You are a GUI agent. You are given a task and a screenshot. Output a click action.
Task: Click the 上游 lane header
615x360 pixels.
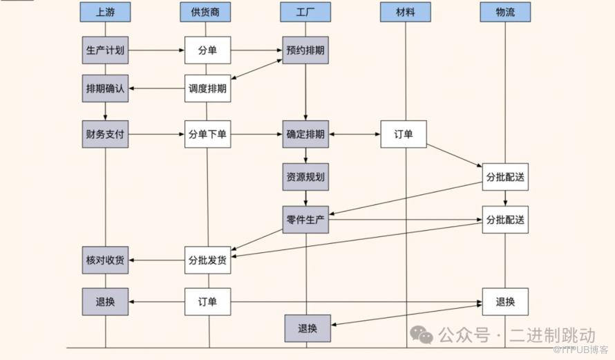[x=105, y=12]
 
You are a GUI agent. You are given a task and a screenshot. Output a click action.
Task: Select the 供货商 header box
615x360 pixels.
[x=205, y=12]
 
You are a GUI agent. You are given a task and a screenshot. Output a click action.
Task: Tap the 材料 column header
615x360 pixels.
[x=406, y=12]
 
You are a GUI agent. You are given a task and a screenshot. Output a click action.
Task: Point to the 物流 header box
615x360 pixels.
[x=505, y=12]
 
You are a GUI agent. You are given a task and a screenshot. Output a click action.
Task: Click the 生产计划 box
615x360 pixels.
[x=105, y=50]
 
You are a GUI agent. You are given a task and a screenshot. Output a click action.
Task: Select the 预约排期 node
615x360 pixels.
[x=305, y=50]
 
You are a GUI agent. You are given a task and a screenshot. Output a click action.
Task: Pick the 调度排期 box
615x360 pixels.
[x=207, y=88]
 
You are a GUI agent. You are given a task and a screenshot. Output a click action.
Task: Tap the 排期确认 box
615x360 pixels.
[x=105, y=88]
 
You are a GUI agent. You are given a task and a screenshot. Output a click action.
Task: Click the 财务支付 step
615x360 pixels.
[x=105, y=134]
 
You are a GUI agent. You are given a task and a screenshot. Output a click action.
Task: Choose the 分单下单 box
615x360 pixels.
[x=207, y=134]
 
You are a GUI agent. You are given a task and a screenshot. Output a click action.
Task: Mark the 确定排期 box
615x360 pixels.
[x=305, y=134]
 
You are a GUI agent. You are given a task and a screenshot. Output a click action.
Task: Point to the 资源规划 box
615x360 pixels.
[x=305, y=177]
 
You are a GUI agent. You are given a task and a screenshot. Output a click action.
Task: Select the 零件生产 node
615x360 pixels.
[x=306, y=220]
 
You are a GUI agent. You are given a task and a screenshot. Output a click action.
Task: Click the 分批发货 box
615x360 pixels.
[x=207, y=260]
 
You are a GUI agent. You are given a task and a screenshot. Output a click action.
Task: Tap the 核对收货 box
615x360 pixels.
[x=105, y=260]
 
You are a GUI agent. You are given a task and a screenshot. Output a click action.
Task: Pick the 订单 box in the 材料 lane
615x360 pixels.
[x=404, y=134]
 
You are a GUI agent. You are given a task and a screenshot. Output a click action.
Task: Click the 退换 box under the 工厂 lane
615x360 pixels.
[x=307, y=328]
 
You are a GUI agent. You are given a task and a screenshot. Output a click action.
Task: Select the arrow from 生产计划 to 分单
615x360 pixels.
[x=156, y=50]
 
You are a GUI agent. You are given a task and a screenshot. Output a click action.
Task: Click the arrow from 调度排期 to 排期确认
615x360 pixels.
[x=156, y=88]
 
